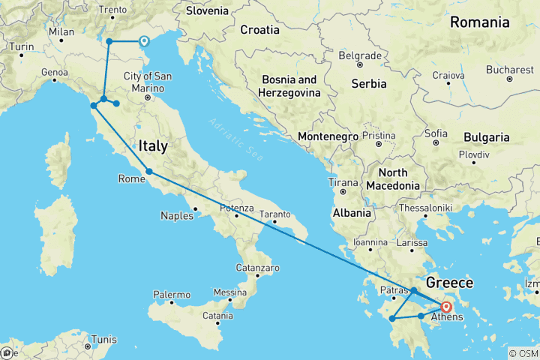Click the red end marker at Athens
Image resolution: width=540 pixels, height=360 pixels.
point(447,306)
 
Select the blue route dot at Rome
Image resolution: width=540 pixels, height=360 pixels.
point(149,172)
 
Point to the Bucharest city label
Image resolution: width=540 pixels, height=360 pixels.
point(509,69)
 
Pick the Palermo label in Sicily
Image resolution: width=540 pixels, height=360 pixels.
point(172,295)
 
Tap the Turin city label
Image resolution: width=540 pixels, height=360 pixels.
point(22,46)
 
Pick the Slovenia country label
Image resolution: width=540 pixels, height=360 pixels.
point(207,11)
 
